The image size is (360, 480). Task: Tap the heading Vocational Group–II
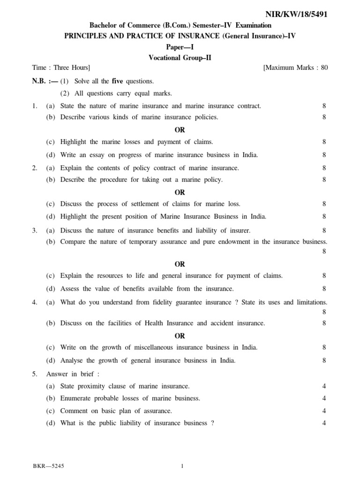tap(180, 58)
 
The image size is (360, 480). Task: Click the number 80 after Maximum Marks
tap(323, 68)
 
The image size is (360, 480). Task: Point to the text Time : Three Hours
tap(61, 68)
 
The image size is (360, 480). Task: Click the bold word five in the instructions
tap(117, 81)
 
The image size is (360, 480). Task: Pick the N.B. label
tap(41, 81)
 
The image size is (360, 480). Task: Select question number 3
tap(35, 230)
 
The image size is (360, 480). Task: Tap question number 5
tap(35, 374)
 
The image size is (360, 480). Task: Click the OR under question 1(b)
tap(180, 130)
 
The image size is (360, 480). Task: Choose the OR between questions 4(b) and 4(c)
tap(180, 336)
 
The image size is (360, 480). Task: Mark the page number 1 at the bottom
tap(182, 466)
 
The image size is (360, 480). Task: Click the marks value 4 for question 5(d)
tap(324, 423)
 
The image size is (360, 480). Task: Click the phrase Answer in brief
tap(73, 374)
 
